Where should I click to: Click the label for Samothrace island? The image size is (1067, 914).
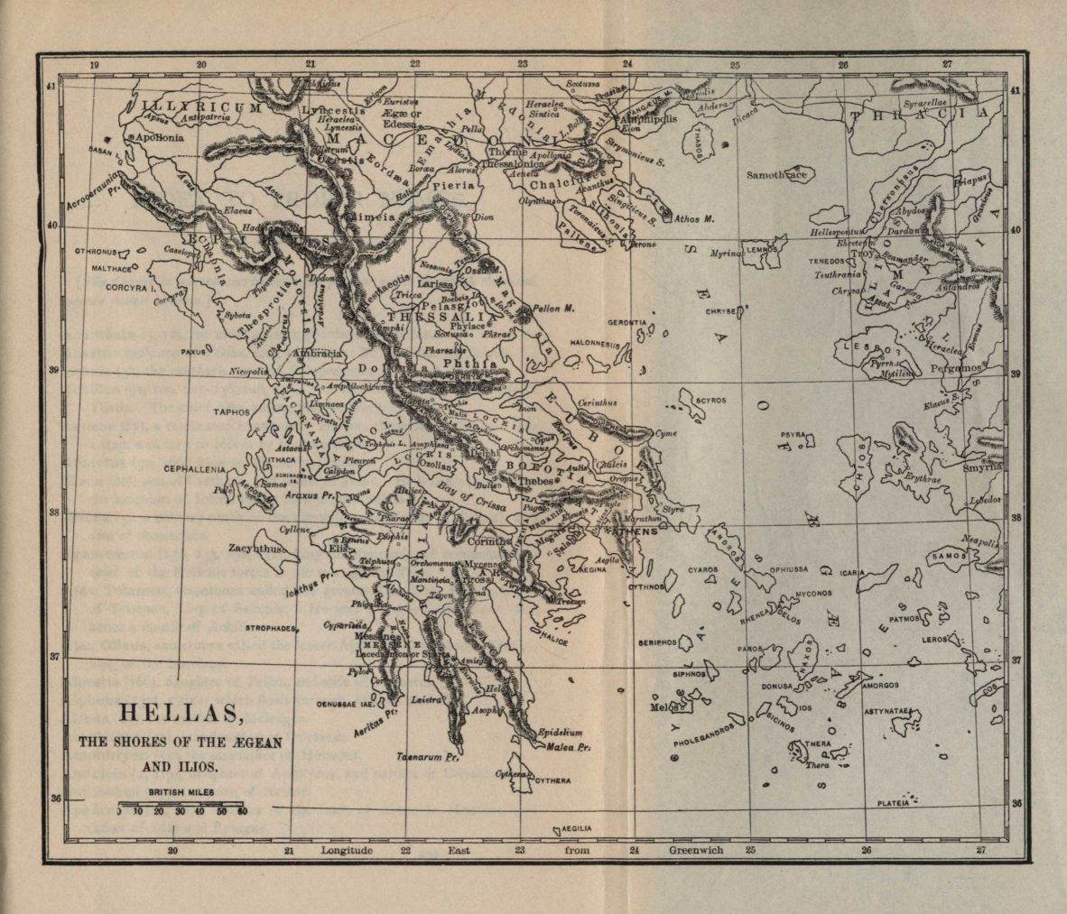point(776,175)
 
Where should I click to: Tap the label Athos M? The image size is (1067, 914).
point(695,218)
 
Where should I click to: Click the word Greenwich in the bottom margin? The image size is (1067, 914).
point(696,850)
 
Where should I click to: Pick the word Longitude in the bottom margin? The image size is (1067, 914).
point(348,850)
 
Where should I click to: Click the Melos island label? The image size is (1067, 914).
point(663,707)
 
